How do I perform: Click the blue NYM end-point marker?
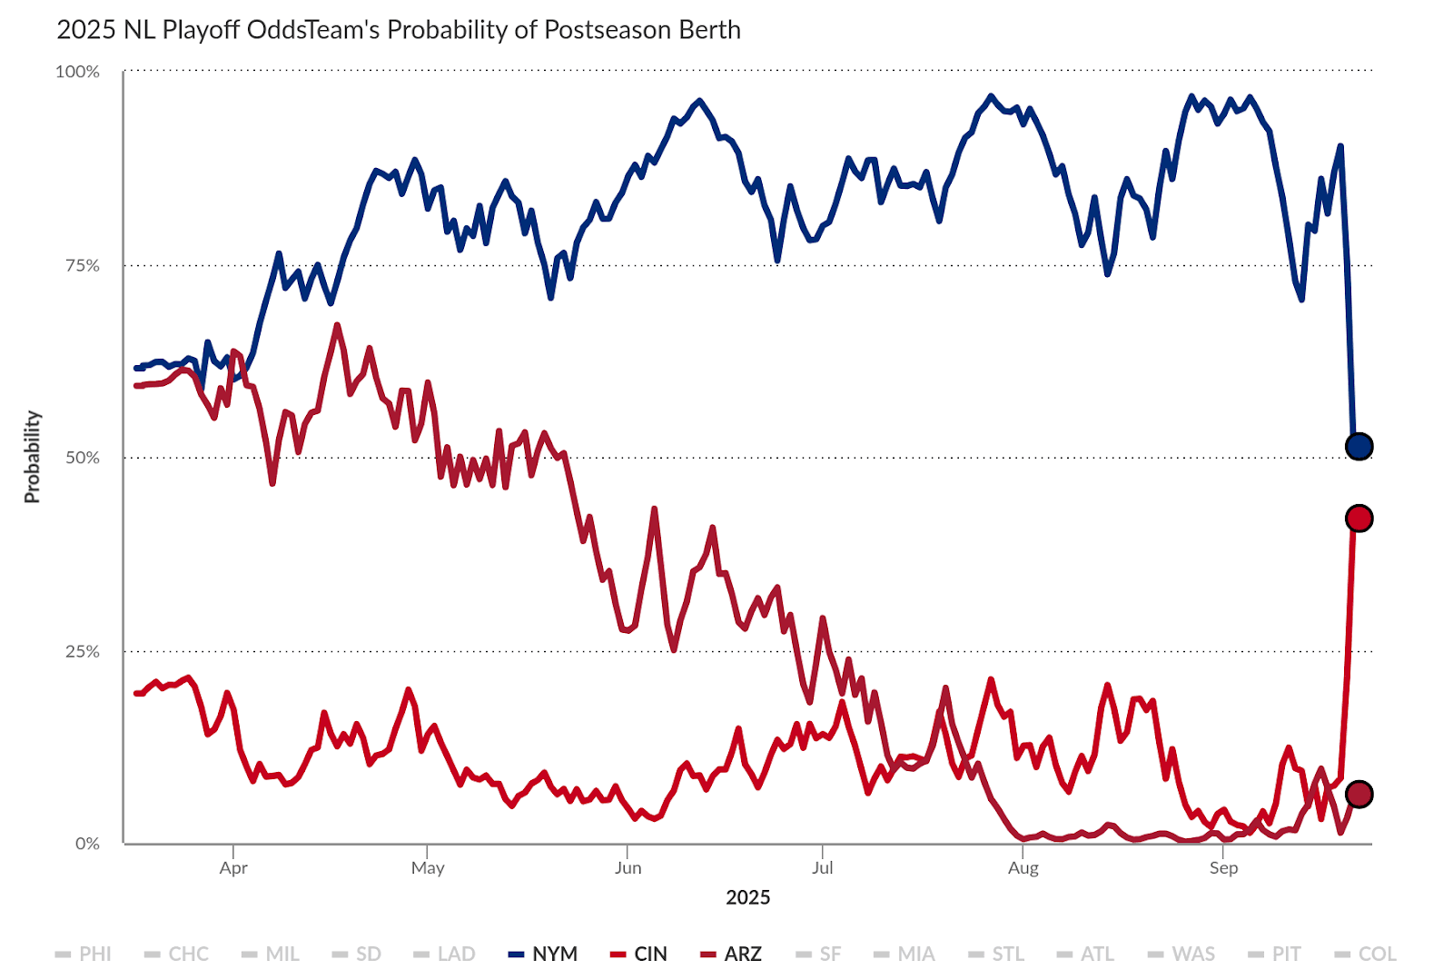tap(1359, 446)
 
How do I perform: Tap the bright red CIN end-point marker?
tap(1359, 519)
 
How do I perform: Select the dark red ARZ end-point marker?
tap(1359, 795)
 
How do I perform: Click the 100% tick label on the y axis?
tap(77, 72)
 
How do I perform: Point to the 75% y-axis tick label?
tap(82, 265)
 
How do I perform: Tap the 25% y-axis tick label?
tap(82, 651)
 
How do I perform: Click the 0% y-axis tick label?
tap(87, 844)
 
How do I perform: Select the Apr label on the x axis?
tap(233, 868)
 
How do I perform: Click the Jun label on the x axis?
tap(628, 868)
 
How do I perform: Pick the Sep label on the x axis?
tap(1223, 868)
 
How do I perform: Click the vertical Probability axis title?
tap(33, 457)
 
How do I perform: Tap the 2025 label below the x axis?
tap(747, 898)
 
